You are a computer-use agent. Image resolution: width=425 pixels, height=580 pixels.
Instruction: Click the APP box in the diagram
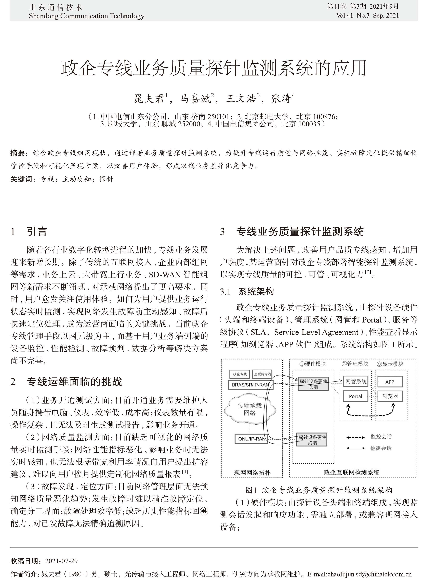[390, 382]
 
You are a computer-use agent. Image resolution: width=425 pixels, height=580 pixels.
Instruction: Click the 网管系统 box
[355, 381]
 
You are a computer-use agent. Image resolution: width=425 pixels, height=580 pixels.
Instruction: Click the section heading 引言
[37, 232]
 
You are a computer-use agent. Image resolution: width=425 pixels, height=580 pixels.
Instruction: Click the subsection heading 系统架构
[256, 292]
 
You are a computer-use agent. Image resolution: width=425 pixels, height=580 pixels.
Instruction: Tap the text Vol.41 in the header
[344, 15]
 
